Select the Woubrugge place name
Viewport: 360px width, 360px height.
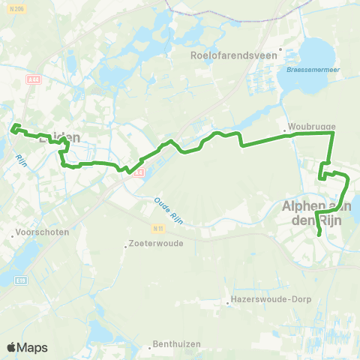click(x=306, y=127)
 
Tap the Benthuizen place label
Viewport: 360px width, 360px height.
click(x=175, y=345)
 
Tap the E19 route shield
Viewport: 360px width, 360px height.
click(x=20, y=280)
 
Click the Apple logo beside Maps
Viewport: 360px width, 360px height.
click(x=12, y=348)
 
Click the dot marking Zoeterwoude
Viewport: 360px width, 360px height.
click(x=125, y=244)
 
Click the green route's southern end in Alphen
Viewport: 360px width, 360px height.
click(x=320, y=235)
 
